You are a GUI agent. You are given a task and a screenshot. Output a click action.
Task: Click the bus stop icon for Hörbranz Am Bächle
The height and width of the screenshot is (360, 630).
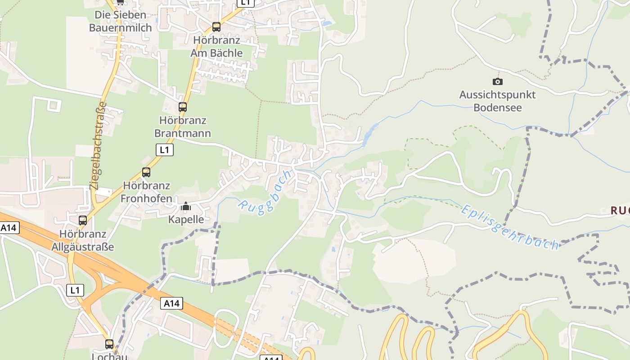216,27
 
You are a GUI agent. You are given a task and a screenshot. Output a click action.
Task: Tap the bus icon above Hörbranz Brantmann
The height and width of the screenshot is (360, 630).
182,107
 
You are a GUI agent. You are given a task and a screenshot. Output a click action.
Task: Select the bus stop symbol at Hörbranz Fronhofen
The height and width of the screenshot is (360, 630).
146,172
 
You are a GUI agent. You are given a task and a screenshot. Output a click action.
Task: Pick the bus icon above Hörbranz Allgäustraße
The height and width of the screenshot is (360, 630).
83,220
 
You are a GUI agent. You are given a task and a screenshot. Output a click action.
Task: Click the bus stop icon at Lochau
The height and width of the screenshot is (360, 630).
109,344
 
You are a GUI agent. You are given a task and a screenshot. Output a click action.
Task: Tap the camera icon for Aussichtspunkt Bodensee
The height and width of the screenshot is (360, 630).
497,81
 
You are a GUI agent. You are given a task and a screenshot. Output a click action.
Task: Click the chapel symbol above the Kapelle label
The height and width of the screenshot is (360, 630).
186,207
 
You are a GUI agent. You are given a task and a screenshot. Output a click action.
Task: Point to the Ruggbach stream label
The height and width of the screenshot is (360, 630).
265,192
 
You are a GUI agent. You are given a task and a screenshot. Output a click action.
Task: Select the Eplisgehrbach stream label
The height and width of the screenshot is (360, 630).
510,227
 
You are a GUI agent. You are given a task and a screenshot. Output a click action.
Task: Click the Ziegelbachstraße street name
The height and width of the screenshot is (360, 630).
99,145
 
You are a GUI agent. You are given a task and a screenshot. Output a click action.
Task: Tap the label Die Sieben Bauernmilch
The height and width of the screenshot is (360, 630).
120,21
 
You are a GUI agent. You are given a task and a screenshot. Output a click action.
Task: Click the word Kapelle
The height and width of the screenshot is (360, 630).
186,220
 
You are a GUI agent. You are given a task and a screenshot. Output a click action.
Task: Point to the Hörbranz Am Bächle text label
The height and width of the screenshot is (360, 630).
216,46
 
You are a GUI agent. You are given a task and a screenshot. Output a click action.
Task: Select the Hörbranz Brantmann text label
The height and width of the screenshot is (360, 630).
182,127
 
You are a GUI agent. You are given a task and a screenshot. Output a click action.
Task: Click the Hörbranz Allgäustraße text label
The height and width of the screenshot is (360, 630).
83,240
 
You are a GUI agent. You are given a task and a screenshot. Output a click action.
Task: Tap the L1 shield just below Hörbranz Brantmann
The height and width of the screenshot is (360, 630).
165,150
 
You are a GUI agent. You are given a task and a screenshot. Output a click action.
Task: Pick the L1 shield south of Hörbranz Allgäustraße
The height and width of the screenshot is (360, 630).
75,290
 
